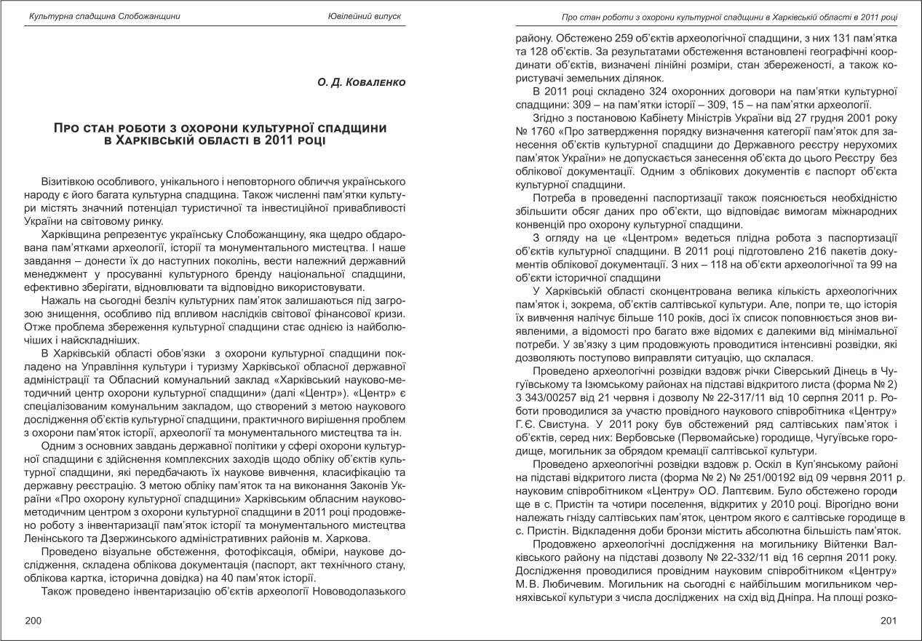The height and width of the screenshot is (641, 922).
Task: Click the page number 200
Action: point(33,620)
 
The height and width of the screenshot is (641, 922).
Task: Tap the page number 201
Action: point(889,620)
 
